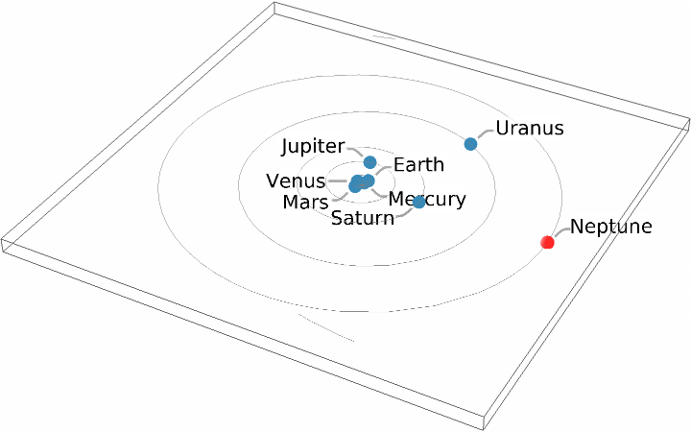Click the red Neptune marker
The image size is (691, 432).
coord(548,243)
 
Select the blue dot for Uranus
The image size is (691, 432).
coord(470,144)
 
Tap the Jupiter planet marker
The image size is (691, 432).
coord(370,162)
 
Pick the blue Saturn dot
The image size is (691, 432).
coord(418,203)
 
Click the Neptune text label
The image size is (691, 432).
coord(611,228)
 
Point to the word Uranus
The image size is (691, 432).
coord(529,128)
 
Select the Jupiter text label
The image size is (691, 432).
coord(313,147)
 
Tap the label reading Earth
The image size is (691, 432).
coord(418,164)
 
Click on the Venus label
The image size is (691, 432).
coord(297,181)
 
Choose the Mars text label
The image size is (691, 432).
coord(306,202)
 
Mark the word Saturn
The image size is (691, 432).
coord(363,218)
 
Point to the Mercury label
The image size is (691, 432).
coord(427,200)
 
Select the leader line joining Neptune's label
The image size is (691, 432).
coord(559,232)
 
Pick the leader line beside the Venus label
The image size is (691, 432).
coord(338,180)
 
